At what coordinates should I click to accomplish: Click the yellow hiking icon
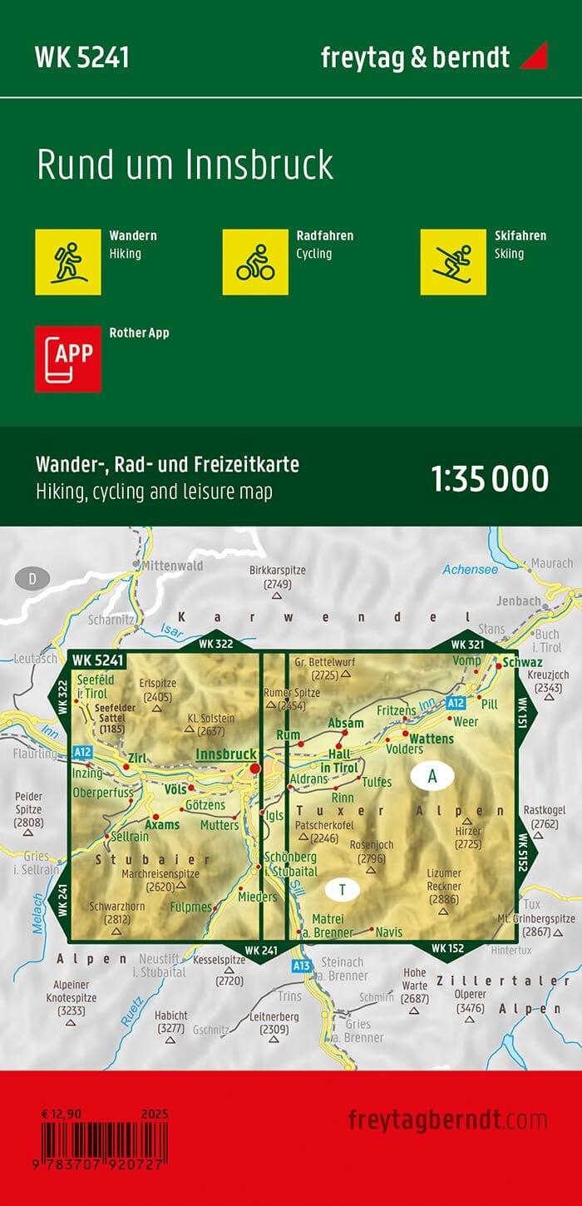(67, 261)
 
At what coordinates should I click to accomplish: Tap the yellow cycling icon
(255, 261)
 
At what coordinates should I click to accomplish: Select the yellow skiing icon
(453, 261)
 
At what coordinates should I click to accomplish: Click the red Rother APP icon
(67, 358)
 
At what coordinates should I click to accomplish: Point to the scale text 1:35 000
(490, 480)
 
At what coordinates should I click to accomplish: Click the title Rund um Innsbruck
(185, 165)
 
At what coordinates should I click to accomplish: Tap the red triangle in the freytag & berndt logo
(534, 57)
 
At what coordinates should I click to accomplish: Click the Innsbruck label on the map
(225, 754)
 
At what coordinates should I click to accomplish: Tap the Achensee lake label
(470, 570)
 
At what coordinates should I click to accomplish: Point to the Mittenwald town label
(173, 566)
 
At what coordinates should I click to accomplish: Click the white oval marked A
(432, 776)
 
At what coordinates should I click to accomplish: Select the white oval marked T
(342, 889)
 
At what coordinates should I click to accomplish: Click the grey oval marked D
(32, 578)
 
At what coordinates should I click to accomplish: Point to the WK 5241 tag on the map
(98, 660)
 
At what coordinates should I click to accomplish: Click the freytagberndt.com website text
(447, 1119)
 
